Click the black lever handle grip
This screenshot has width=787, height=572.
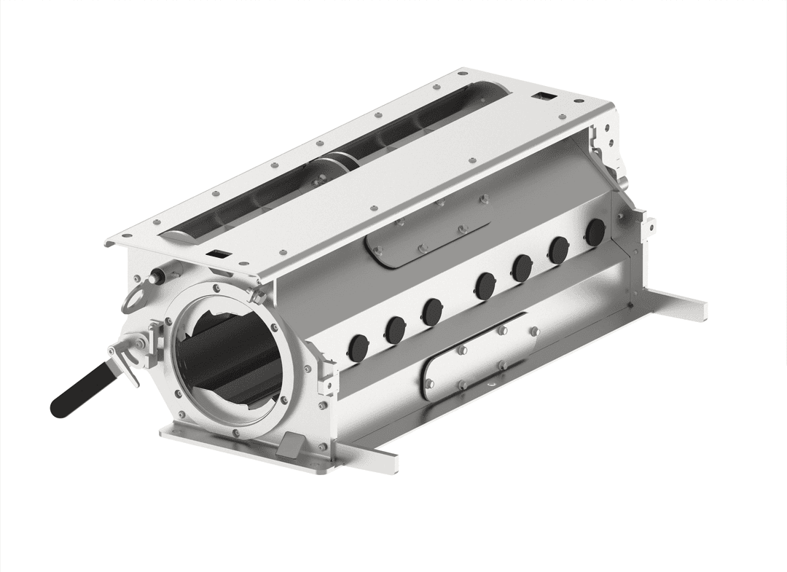pos(80,392)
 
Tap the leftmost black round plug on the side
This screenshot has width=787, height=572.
pos(359,346)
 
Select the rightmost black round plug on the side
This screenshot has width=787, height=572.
pos(595,232)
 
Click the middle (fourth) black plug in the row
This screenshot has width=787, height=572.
pos(485,283)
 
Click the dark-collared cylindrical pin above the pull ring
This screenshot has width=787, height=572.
pos(155,277)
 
